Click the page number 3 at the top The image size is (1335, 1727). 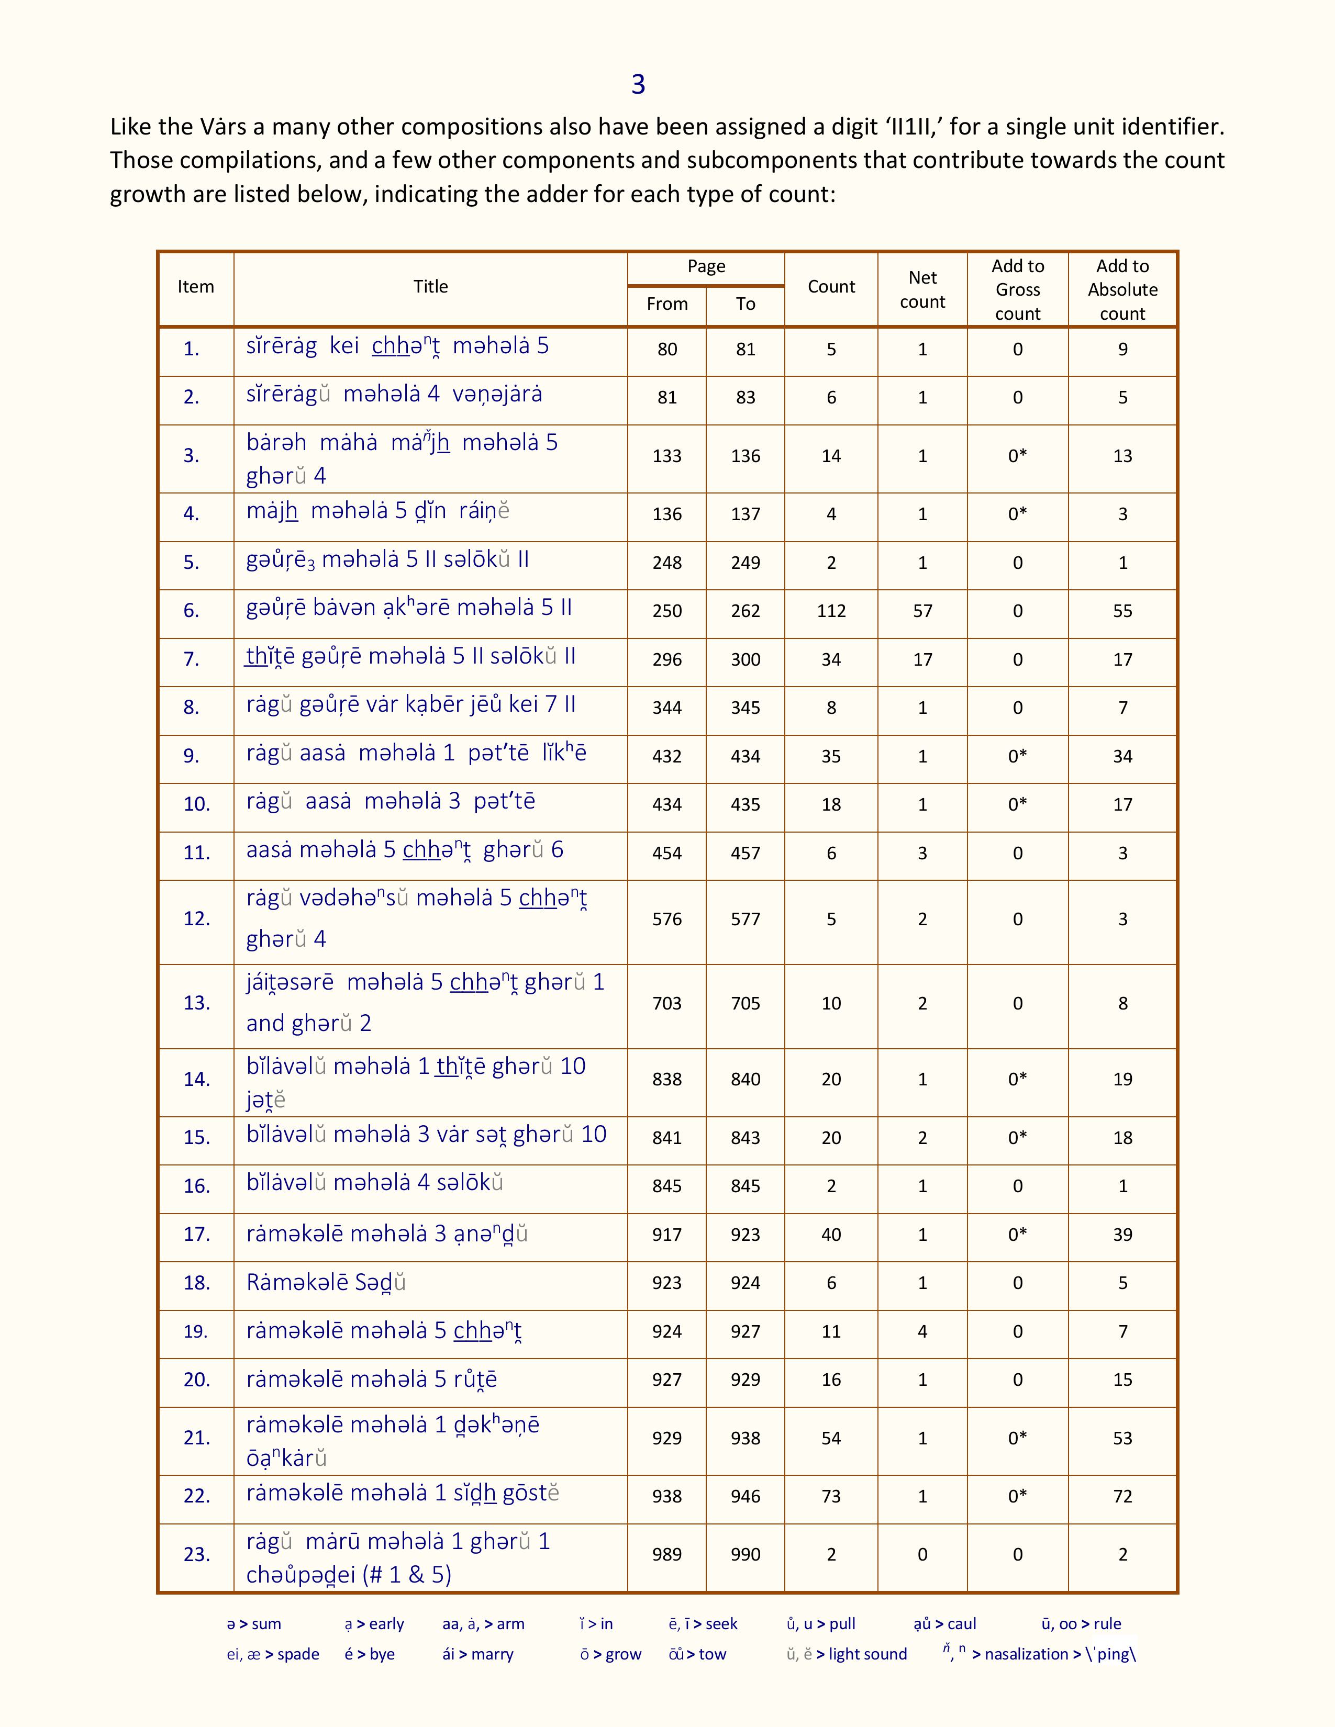click(x=638, y=84)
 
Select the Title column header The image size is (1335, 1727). click(x=430, y=286)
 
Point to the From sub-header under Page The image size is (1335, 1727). click(x=666, y=304)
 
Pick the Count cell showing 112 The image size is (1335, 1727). click(x=831, y=610)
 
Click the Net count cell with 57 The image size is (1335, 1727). click(x=922, y=610)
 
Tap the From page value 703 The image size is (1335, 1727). click(x=666, y=1003)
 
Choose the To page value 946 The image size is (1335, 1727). click(x=745, y=1496)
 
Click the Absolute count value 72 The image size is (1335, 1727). click(x=1122, y=1496)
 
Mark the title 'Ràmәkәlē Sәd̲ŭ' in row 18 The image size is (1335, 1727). click(x=326, y=1282)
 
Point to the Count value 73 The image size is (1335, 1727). click(x=831, y=1496)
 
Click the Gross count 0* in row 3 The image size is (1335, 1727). click(x=1017, y=455)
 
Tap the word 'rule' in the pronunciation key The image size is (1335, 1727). click(x=1107, y=1623)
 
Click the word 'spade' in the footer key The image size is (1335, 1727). click(x=298, y=1654)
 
